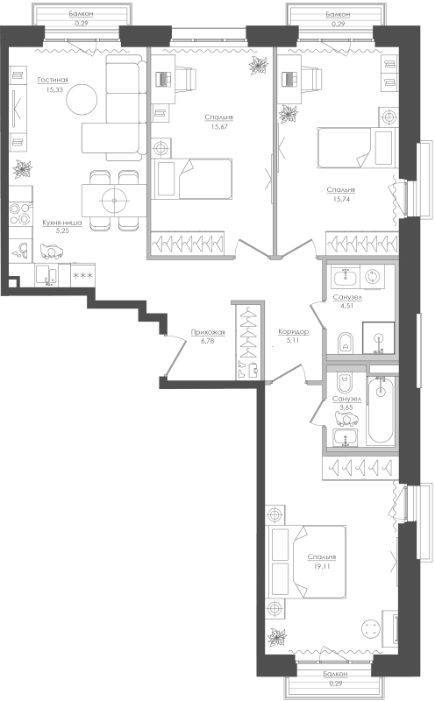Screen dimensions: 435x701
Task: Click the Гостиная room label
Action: [53, 80]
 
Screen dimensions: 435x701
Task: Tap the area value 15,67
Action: [219, 126]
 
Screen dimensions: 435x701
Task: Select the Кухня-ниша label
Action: [62, 223]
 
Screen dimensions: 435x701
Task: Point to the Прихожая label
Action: [208, 332]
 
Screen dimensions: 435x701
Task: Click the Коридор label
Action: [294, 332]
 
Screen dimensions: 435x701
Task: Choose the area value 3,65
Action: [346, 407]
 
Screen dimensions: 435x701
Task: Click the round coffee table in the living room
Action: [82, 99]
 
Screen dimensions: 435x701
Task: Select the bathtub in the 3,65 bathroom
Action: [381, 411]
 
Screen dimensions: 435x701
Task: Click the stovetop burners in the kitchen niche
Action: [20, 214]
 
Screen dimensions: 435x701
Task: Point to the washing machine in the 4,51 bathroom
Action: [372, 277]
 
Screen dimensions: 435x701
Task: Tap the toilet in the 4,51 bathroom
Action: [345, 343]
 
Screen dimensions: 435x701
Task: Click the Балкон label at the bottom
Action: [336, 673]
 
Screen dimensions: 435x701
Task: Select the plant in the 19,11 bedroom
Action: [276, 637]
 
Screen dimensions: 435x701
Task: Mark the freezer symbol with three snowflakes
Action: [82, 275]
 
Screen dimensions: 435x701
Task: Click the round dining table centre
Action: [114, 201]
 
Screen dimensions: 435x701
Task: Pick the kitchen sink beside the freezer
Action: [46, 275]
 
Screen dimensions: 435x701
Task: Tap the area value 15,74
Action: [341, 199]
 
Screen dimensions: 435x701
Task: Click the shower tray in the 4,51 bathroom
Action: [378, 338]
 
